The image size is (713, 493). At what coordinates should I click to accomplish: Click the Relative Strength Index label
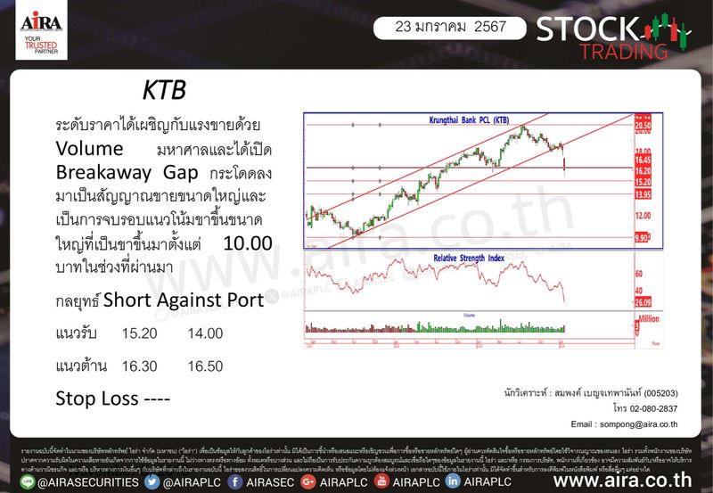[x=469, y=259]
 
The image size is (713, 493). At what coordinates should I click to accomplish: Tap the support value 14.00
[x=206, y=333]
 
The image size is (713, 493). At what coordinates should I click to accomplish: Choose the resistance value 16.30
[x=139, y=365]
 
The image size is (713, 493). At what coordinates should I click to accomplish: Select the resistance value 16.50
[x=206, y=365]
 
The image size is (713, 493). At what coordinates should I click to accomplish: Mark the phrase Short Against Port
[x=184, y=300]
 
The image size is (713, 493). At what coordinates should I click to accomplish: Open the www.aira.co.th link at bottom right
[x=625, y=481]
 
